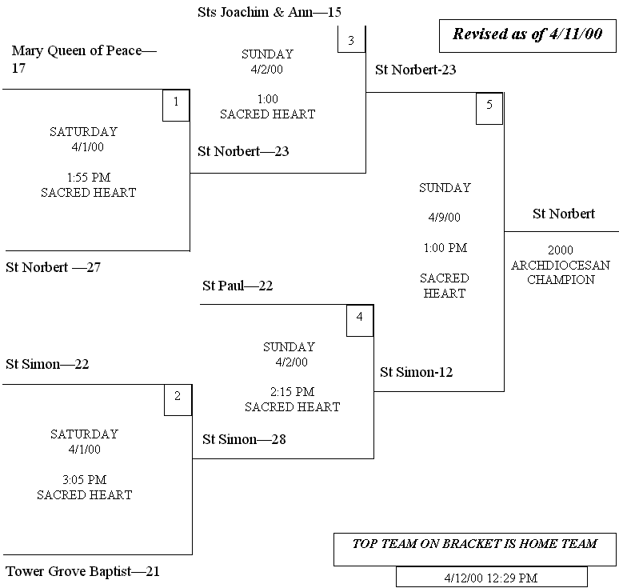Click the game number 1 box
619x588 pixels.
176,106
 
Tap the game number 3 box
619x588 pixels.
351,39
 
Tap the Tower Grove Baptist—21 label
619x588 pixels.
83,572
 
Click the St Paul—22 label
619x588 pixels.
238,286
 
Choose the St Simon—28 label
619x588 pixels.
244,439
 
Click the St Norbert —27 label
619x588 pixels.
54,267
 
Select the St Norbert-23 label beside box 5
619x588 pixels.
416,70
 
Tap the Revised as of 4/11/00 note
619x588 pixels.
528,34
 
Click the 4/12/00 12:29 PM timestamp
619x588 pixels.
491,577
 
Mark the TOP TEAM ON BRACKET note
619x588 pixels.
475,544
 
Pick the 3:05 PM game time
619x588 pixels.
84,480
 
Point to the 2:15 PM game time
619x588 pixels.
292,392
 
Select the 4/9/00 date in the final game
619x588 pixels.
445,218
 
